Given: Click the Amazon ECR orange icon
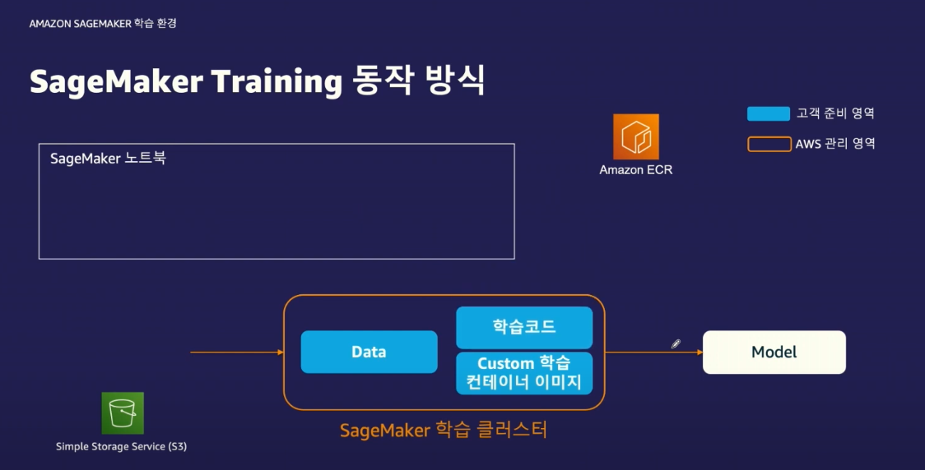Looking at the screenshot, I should pyautogui.click(x=636, y=136).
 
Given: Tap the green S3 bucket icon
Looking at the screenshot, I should pyautogui.click(x=123, y=413).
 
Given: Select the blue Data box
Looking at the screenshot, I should pyautogui.click(x=369, y=352).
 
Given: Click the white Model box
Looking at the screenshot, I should pyautogui.click(x=774, y=352).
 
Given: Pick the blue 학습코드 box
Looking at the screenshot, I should pyautogui.click(x=524, y=327).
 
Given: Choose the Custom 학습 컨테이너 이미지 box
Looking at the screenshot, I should pyautogui.click(x=524, y=373).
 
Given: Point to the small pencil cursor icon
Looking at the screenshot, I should pyautogui.click(x=676, y=344).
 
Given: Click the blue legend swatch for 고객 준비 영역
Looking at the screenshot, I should pyautogui.click(x=768, y=113).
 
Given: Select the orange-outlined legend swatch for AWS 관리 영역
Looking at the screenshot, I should pyautogui.click(x=768, y=144).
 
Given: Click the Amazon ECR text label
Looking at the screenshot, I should pyautogui.click(x=636, y=170).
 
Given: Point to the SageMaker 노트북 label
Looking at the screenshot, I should pyautogui.click(x=108, y=159).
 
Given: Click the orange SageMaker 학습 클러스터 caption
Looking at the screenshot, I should pyautogui.click(x=444, y=429).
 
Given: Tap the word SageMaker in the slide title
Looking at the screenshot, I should pyautogui.click(x=114, y=83).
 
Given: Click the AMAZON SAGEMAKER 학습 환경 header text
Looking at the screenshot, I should pyautogui.click(x=103, y=24).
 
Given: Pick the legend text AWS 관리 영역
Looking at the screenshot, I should pyautogui.click(x=834, y=144).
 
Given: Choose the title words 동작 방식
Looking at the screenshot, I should pyautogui.click(x=418, y=83).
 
